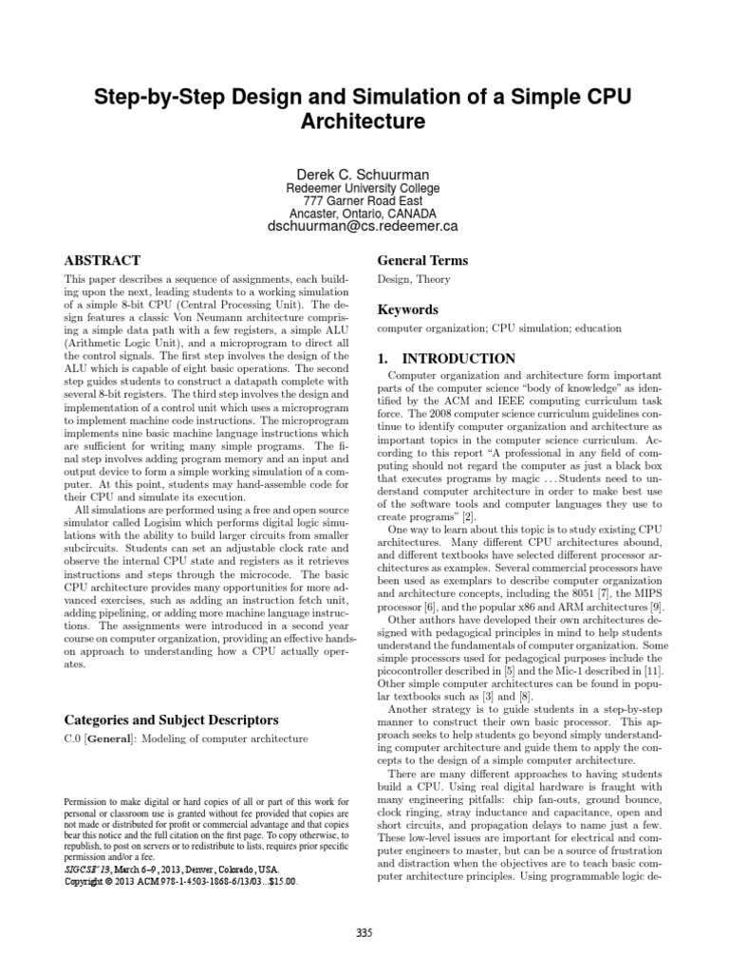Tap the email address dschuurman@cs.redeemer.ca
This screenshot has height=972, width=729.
tap(364, 226)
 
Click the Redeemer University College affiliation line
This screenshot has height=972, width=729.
tap(364, 190)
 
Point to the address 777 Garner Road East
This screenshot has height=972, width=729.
tap(364, 202)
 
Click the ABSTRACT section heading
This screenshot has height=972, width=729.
tap(102, 260)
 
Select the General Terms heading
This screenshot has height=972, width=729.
tap(422, 260)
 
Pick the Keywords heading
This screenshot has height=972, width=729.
tap(408, 309)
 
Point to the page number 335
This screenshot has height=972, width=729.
tap(364, 932)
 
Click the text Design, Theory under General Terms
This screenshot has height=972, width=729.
tap(413, 280)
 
